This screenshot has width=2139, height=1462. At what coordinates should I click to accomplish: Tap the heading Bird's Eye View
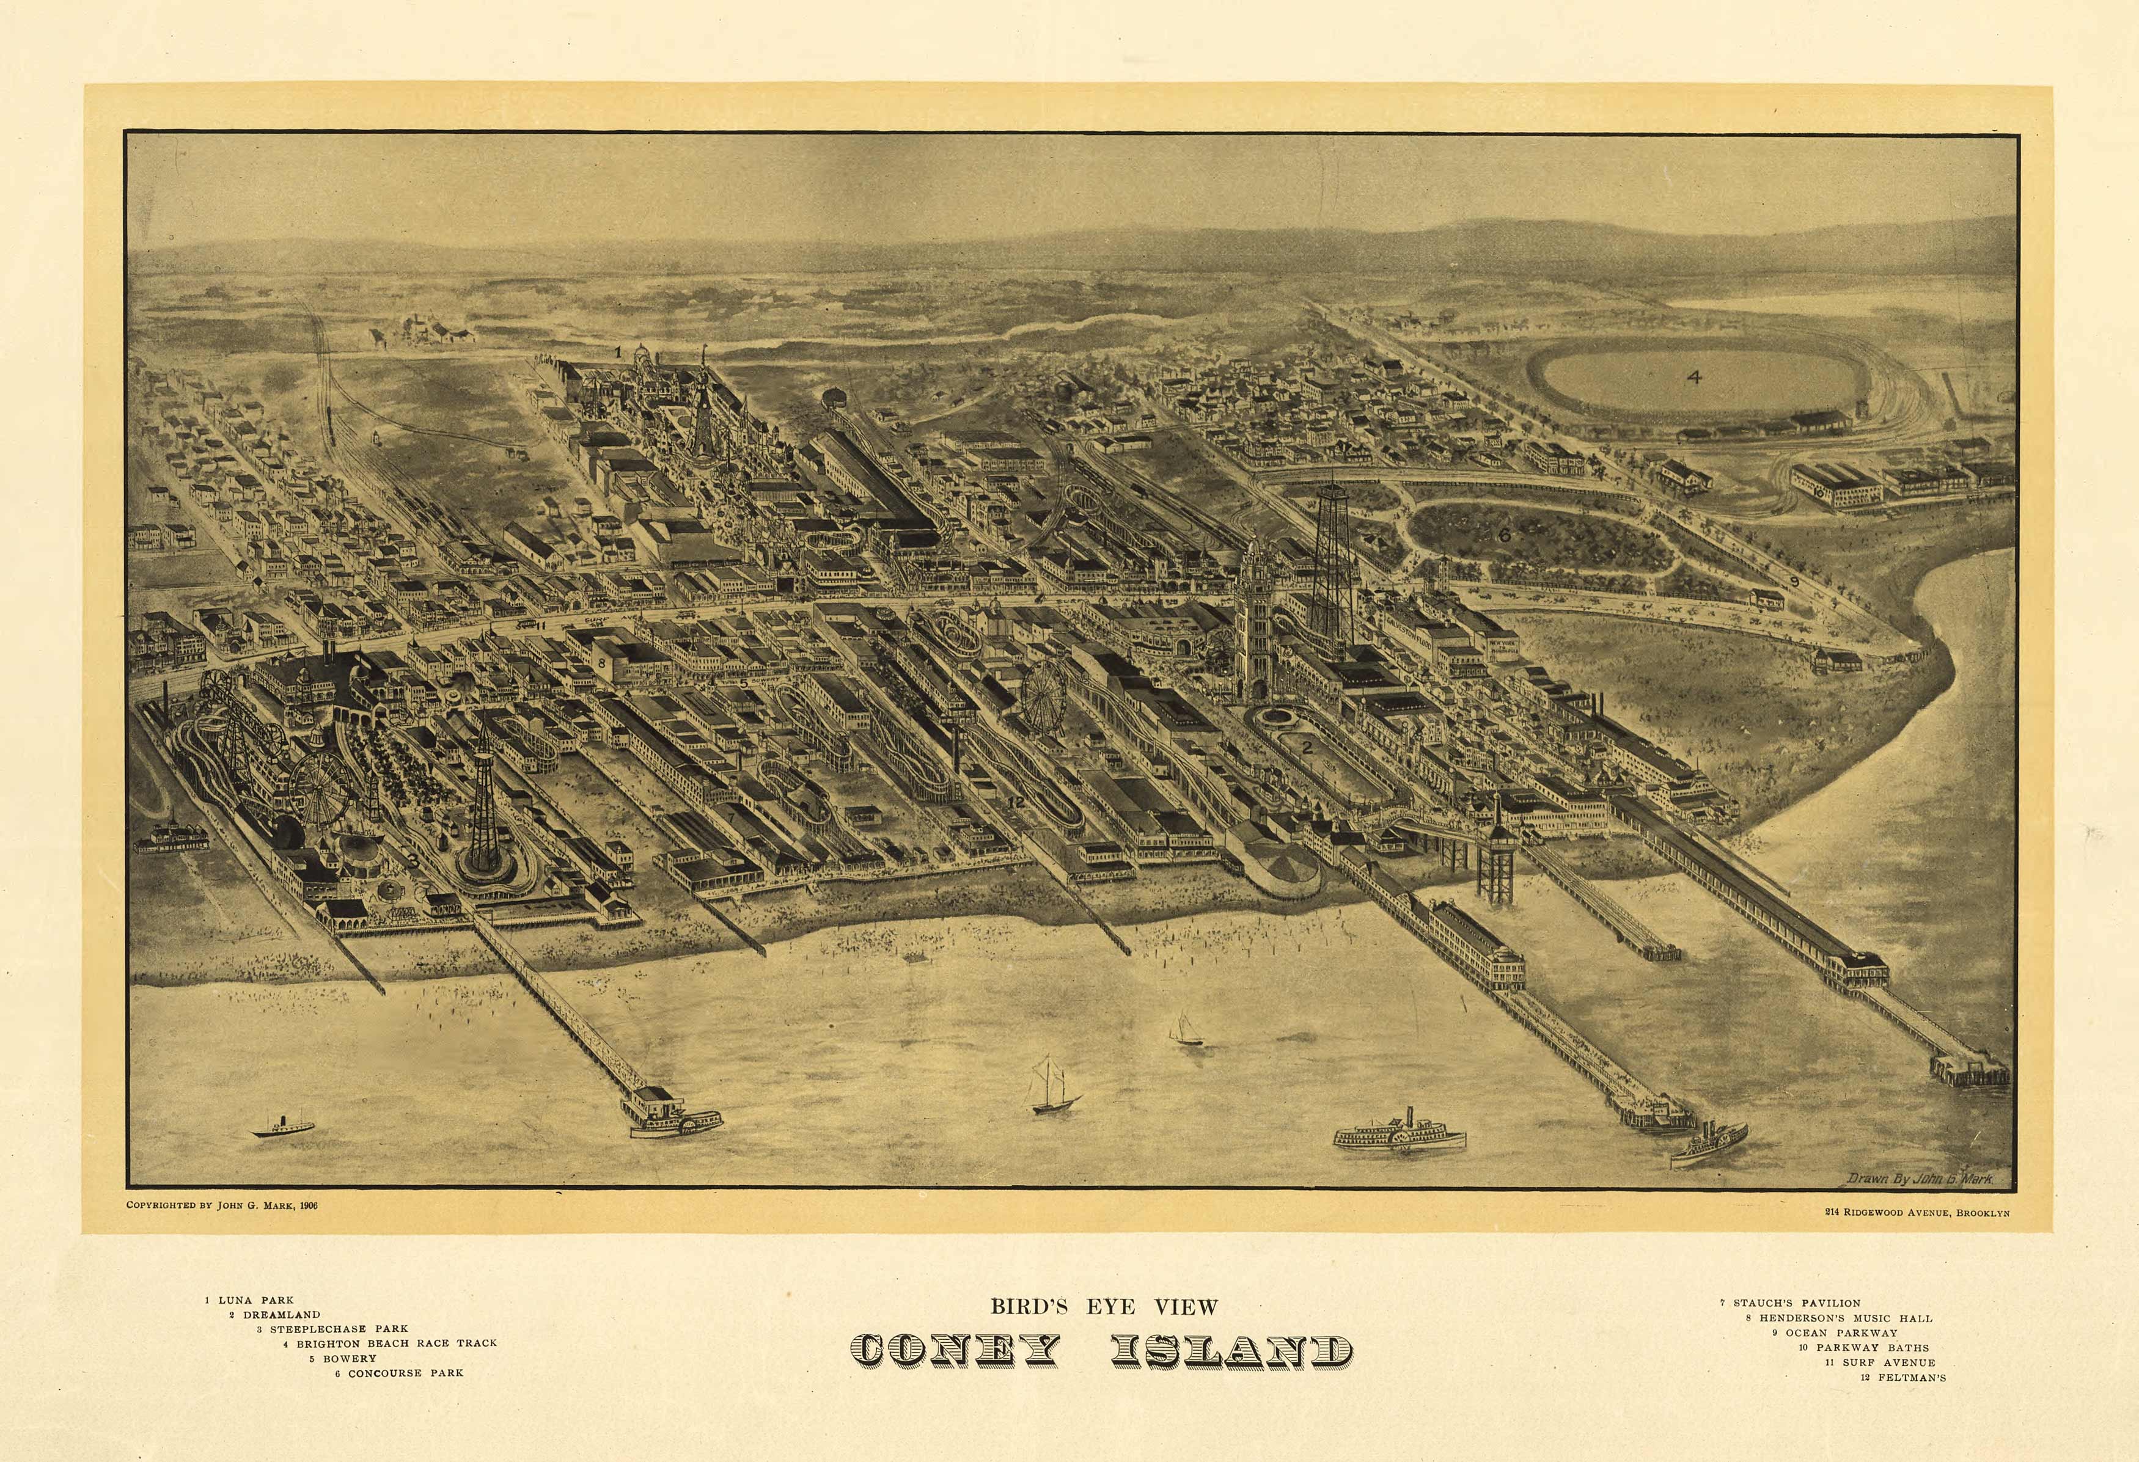[x=1104, y=1306]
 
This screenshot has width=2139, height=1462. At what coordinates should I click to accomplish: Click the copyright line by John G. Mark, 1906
[x=222, y=1205]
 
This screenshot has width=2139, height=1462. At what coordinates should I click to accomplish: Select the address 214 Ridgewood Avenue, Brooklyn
[x=1917, y=1213]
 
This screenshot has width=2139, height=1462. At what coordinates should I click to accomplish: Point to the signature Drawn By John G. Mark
[x=1919, y=1179]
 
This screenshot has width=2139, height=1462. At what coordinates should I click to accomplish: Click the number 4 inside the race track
[x=1693, y=376]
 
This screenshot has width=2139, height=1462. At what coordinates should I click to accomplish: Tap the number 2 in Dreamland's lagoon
[x=1306, y=747]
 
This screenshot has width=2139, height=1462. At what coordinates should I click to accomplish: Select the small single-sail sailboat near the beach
[x=1184, y=1029]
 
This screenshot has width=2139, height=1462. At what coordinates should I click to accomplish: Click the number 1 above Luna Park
[x=618, y=351]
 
